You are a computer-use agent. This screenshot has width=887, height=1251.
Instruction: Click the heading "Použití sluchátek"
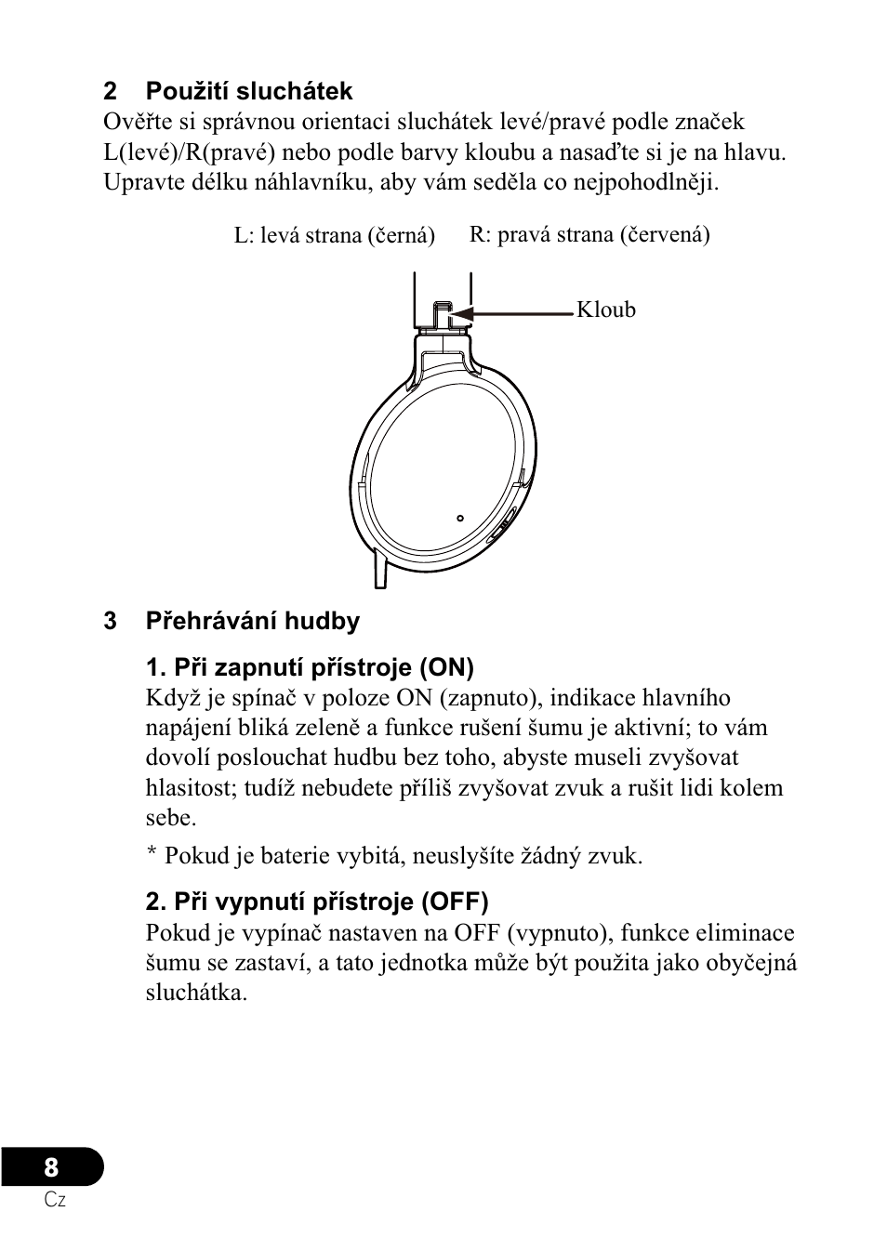249,91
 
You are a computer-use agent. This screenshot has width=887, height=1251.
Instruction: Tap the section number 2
111,91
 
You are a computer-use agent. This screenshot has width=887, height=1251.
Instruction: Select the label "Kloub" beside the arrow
606,310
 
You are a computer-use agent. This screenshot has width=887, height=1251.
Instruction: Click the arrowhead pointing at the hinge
457,315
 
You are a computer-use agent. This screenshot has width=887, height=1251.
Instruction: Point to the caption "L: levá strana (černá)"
335,235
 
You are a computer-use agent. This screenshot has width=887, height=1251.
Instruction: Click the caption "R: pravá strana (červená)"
589,234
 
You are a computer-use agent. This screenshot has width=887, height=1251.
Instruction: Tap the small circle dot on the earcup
460,518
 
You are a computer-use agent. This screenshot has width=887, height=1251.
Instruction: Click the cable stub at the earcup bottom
379,568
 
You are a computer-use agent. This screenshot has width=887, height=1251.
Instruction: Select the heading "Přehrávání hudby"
252,621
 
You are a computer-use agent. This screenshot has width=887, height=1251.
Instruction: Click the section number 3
111,621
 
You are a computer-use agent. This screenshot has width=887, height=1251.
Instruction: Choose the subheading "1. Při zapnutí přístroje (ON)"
310,667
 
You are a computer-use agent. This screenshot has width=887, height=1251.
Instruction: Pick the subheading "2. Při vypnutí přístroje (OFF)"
317,902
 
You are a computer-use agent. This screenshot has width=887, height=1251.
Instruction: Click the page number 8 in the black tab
50,1167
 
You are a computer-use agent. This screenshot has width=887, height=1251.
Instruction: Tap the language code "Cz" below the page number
55,1200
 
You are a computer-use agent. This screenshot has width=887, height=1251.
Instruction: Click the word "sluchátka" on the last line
196,993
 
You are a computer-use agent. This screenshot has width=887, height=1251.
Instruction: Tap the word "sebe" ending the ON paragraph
170,818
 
